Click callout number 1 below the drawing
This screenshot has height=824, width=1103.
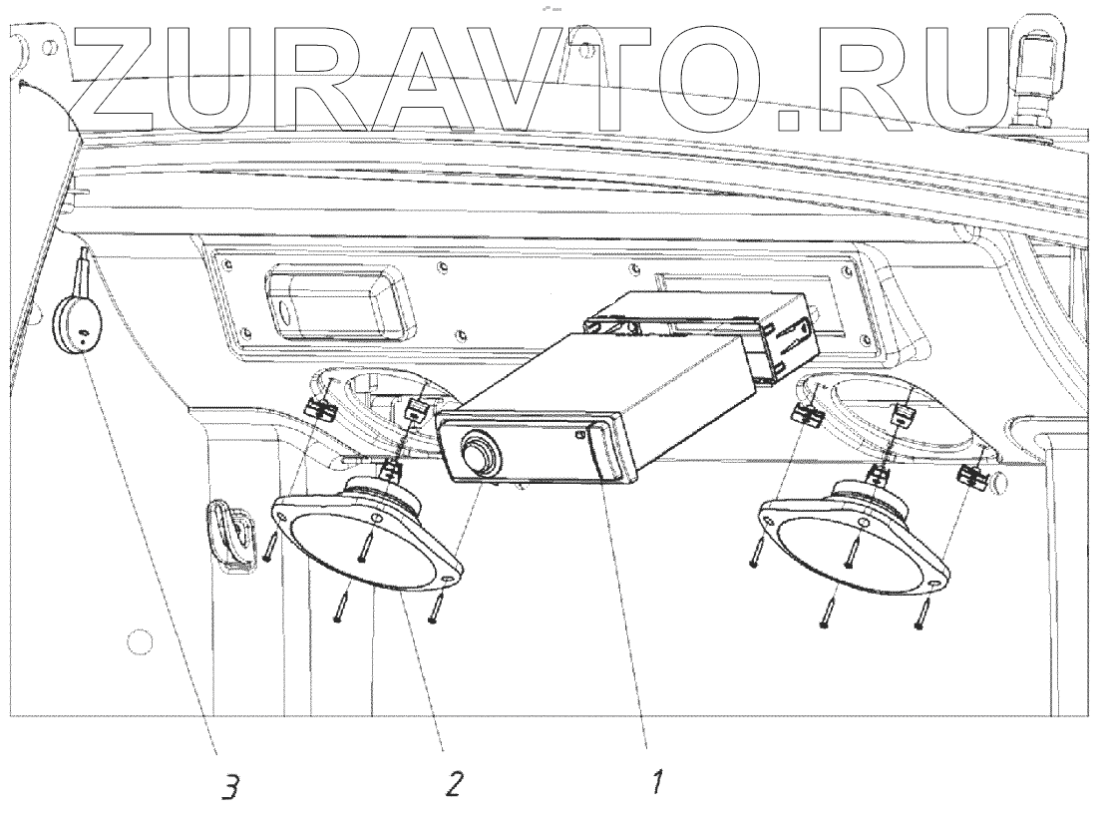tap(657, 785)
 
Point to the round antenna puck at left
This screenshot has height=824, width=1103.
tap(77, 325)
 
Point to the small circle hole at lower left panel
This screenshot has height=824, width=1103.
tap(141, 639)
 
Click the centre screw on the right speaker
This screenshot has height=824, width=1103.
tap(850, 544)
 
